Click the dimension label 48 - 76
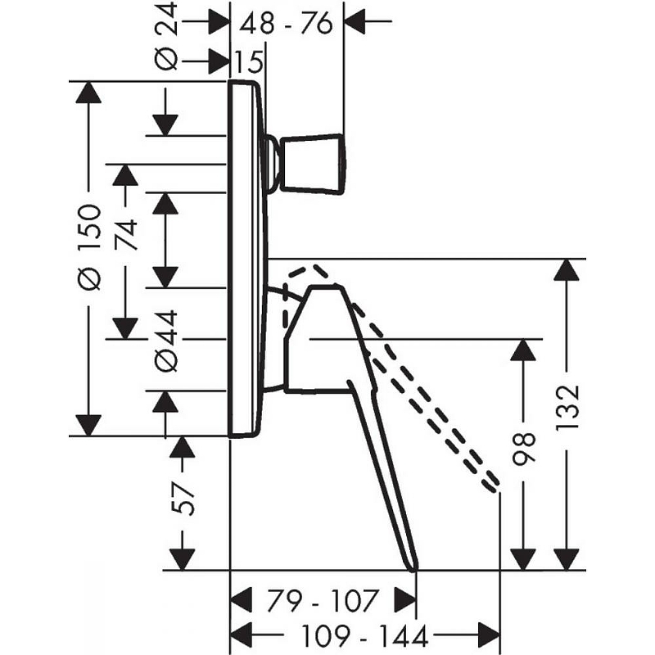pyautogui.click(x=286, y=24)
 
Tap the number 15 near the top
pyautogui.click(x=250, y=62)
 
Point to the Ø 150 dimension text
pyautogui.click(x=89, y=247)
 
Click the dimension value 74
pyautogui.click(x=126, y=234)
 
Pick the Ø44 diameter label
pyautogui.click(x=166, y=341)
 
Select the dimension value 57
pyautogui.click(x=183, y=499)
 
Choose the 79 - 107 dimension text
pyautogui.click(x=323, y=600)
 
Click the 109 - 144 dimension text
pyautogui.click(x=364, y=636)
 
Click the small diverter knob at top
pyautogui.click(x=314, y=165)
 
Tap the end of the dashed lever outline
pyautogui.click(x=493, y=485)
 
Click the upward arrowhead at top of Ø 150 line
pyautogui.click(x=88, y=92)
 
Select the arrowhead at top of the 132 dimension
pyautogui.click(x=566, y=269)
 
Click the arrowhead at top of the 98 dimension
pyautogui.click(x=523, y=350)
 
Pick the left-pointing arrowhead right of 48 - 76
pyautogui.click(x=355, y=20)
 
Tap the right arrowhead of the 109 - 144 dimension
pyautogui.click(x=489, y=636)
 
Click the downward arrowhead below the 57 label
pyautogui.click(x=182, y=559)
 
